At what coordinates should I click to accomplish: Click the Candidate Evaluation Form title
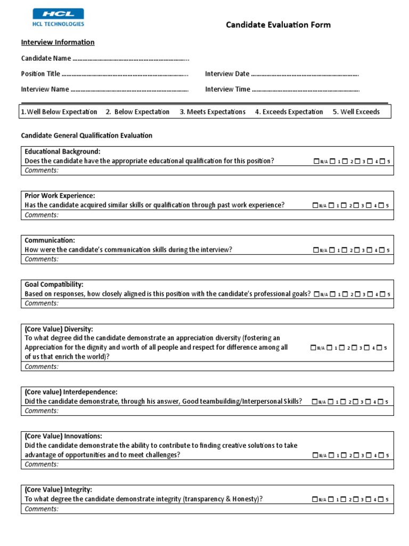(278, 25)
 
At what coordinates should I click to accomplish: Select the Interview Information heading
(58, 42)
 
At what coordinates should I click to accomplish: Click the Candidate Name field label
(46, 58)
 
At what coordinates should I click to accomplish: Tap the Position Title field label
(40, 74)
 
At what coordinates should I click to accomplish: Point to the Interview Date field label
(227, 74)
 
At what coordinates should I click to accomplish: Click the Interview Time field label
(227, 89)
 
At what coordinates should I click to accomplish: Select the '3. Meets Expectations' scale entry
(212, 112)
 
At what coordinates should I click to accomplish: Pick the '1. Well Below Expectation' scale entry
(59, 112)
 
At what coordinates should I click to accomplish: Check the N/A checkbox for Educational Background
(317, 161)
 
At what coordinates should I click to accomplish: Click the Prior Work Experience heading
(60, 196)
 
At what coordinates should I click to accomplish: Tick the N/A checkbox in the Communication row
(317, 250)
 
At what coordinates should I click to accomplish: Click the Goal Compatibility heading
(54, 284)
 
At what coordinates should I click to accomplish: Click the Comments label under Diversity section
(42, 366)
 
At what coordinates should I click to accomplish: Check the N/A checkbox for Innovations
(317, 455)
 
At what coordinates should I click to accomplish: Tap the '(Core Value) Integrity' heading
(58, 489)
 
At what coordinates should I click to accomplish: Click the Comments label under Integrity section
(42, 508)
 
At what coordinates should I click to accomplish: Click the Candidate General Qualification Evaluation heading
(86, 135)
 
